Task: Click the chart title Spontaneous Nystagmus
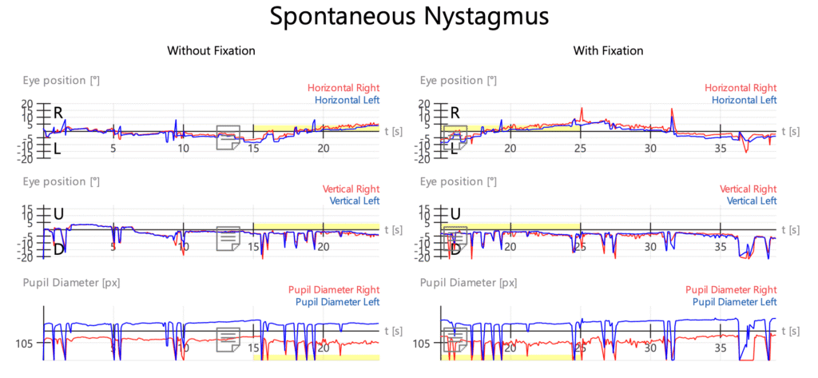point(408,17)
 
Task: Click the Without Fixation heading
point(211,51)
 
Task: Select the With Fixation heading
point(608,51)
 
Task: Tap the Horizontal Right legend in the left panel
point(343,88)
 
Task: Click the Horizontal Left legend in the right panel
point(741,100)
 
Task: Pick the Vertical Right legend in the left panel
point(351,189)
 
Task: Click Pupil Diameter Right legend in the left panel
point(333,289)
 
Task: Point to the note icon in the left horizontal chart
point(229,137)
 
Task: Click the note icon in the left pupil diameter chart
point(229,340)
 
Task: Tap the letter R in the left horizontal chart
point(58,113)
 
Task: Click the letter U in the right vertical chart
point(456,214)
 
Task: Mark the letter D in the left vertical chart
point(58,249)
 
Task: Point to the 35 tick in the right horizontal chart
point(720,148)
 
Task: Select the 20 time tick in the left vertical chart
point(324,249)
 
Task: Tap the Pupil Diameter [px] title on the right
point(468,282)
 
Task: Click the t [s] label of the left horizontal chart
point(392,130)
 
